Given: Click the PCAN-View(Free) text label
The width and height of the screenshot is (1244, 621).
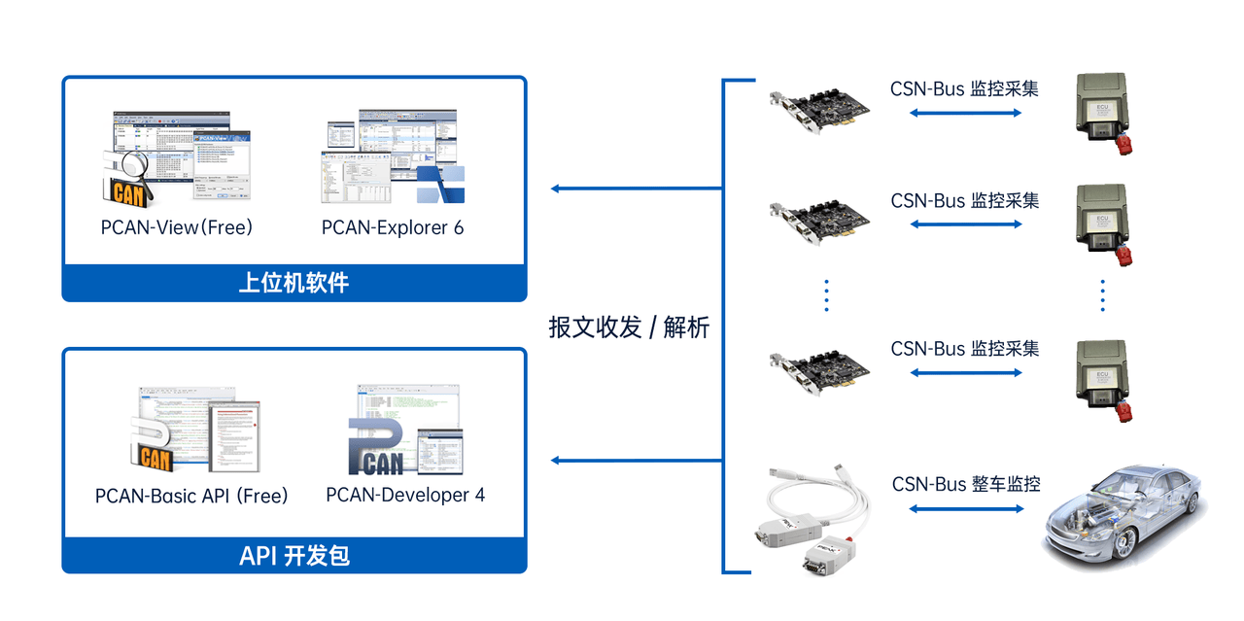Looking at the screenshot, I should (176, 227).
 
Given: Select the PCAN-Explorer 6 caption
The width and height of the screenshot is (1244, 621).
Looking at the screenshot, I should (393, 227).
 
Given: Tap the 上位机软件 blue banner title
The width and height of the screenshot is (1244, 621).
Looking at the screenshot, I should (294, 283).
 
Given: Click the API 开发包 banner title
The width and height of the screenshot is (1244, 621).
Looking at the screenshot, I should (294, 556).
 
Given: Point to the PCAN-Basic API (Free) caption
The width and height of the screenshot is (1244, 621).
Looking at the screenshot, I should (191, 496).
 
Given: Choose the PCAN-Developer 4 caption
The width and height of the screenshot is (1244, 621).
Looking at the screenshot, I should (405, 495).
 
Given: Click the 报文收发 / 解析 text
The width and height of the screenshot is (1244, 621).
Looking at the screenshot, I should (629, 328).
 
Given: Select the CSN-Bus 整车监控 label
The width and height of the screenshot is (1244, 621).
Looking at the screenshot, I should (966, 483).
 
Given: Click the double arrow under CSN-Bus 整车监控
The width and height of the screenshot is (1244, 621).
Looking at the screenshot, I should (965, 508).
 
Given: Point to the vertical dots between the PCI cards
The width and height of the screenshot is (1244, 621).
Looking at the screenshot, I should (826, 295).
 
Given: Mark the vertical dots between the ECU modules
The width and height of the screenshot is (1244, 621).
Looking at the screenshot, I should (1103, 295).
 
